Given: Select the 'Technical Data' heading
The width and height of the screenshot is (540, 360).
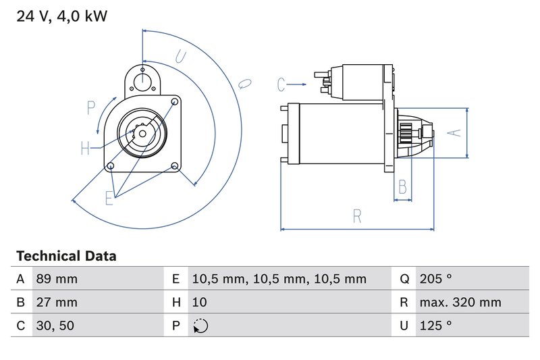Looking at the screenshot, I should [66, 256].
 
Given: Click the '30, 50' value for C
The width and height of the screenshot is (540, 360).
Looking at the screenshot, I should [55, 326].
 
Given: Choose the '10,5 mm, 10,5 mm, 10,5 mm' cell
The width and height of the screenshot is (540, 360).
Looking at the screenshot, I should [279, 279].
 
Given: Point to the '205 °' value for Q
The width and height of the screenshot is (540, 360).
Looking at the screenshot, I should [435, 279].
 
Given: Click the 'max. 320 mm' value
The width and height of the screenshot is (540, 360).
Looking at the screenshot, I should [460, 303].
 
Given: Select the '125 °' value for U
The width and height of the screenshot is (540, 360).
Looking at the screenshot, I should [435, 326].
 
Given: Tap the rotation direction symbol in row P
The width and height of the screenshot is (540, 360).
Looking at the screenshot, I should [200, 326].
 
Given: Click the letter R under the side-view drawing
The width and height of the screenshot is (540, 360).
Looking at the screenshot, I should [357, 217].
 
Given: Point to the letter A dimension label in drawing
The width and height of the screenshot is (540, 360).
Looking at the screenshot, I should [456, 133].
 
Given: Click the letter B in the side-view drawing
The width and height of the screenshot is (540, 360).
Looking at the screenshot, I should [402, 186].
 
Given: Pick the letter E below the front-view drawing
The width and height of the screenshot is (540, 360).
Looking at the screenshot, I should [109, 197].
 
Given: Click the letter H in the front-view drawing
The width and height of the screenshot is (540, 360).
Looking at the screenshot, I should [86, 149].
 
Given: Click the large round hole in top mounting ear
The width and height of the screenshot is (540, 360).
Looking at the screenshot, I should [142, 81].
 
